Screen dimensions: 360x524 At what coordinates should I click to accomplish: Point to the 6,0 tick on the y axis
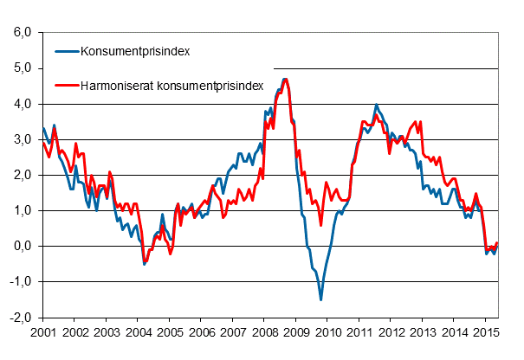(21, 33)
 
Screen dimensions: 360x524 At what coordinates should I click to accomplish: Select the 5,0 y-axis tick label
(21, 68)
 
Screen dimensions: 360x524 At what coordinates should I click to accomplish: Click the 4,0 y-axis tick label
(21, 104)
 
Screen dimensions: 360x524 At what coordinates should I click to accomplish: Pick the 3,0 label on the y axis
(21, 139)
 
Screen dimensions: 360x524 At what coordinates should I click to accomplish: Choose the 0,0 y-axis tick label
(21, 246)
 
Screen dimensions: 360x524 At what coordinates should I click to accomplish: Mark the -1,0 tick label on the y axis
(19, 281)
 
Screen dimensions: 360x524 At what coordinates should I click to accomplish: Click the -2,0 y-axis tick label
(19, 317)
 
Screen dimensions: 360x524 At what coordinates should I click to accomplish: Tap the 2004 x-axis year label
(138, 332)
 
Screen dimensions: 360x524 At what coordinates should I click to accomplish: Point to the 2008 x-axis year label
(264, 332)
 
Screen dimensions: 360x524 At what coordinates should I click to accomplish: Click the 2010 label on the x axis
(327, 332)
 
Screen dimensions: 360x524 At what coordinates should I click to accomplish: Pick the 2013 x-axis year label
(423, 332)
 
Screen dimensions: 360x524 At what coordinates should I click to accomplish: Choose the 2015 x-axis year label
(486, 332)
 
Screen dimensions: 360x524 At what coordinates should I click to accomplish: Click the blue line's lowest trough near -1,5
(321, 299)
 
